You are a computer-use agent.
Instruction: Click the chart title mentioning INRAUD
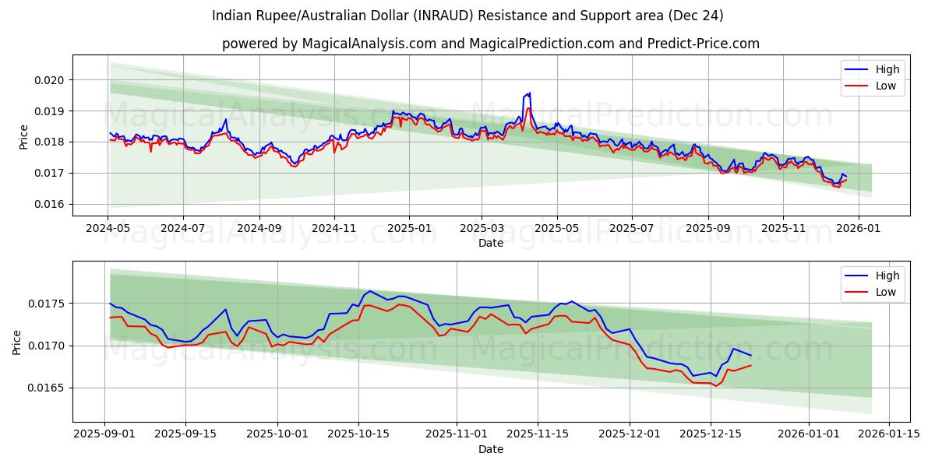pos(467,16)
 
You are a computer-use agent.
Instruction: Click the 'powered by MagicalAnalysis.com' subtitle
pos(491,44)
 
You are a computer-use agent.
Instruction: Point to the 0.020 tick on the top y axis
pos(51,80)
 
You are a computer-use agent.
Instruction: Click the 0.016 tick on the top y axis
pos(51,204)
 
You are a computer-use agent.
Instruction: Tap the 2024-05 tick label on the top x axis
pos(108,229)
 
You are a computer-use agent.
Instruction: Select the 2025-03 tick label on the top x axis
pos(482,229)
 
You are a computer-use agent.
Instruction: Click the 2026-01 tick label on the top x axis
pos(858,229)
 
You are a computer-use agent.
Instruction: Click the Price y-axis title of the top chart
pos(23,137)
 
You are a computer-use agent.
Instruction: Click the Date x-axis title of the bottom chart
pos(491,449)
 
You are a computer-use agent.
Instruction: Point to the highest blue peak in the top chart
pos(530,93)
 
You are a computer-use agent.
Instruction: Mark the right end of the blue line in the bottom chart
pos(751,355)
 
